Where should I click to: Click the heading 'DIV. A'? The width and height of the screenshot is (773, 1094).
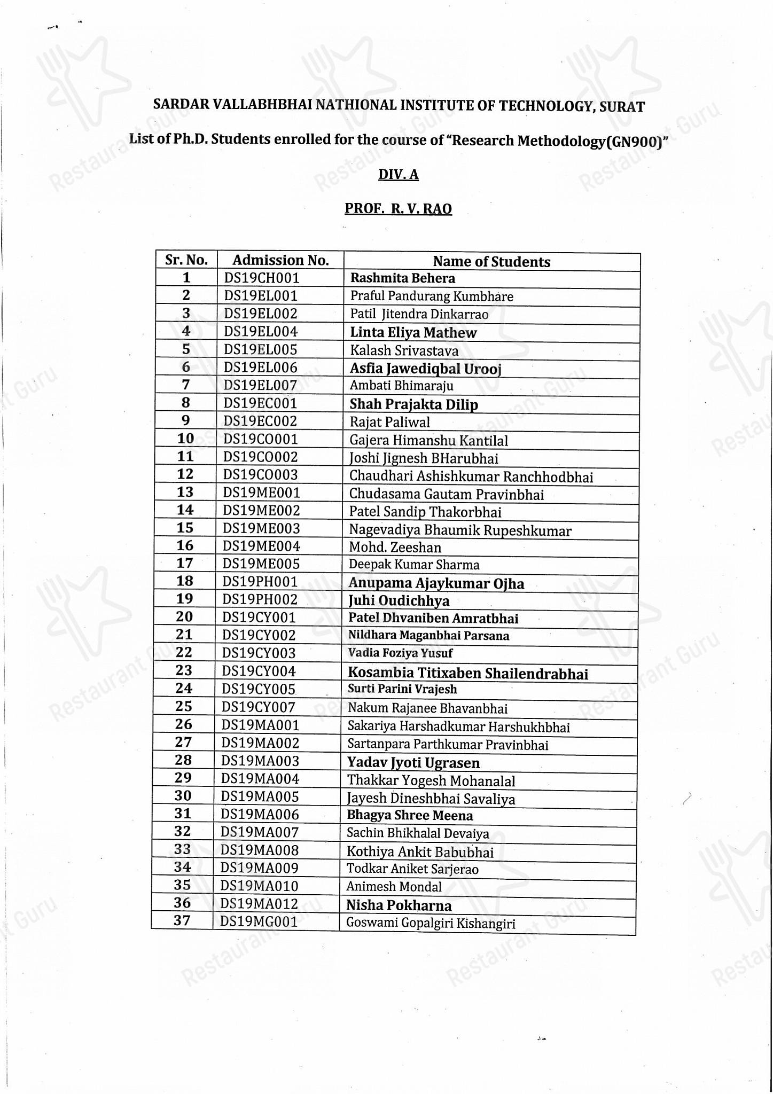[399, 175]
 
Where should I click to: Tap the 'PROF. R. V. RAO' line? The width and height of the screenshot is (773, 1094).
[398, 208]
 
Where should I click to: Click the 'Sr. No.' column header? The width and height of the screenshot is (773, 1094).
[186, 260]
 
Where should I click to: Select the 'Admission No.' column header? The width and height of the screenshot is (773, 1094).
[280, 260]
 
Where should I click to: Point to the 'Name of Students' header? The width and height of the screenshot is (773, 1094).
[491, 262]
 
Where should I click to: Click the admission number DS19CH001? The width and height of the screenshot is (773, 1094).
[262, 278]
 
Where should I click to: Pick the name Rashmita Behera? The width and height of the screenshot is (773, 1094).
[402, 278]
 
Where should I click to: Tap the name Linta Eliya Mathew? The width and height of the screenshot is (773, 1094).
[413, 333]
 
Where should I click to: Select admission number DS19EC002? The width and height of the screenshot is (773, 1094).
[260, 421]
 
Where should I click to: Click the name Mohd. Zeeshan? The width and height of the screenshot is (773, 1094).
[395, 548]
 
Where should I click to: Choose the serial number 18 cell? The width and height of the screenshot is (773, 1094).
[184, 581]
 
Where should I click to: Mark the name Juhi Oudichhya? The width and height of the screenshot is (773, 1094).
[399, 601]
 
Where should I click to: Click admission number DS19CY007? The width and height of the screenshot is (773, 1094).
[259, 707]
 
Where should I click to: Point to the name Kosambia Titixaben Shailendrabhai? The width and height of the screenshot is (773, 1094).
[468, 674]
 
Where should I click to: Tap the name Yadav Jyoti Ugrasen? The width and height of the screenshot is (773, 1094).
[413, 763]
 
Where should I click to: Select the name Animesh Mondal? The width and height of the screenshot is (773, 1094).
[394, 887]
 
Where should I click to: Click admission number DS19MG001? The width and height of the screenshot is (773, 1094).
[259, 921]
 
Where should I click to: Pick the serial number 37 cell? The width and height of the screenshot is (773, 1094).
[182, 921]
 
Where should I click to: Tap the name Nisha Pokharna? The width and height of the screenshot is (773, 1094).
[399, 905]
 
